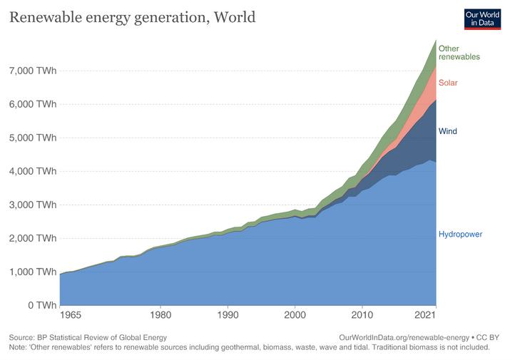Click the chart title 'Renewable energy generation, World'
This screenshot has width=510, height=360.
pyautogui.click(x=132, y=17)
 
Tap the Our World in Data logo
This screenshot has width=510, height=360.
pyautogui.click(x=481, y=18)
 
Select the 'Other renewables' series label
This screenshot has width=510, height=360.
pyautogui.click(x=459, y=52)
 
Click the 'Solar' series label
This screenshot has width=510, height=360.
pyautogui.click(x=448, y=83)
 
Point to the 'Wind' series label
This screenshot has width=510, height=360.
pyautogui.click(x=447, y=132)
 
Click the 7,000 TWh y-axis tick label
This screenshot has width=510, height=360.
pyautogui.click(x=33, y=71)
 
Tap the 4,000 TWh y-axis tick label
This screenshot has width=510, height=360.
pyautogui.click(x=33, y=171)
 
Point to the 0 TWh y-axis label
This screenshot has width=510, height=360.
pyautogui.click(x=41, y=305)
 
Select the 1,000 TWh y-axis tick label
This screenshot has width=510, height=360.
pyautogui.click(x=33, y=272)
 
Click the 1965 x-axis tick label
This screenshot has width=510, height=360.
pyautogui.click(x=70, y=315)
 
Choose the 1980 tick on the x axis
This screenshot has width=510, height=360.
pyautogui.click(x=161, y=315)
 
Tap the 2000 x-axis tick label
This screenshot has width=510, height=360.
pyautogui.click(x=295, y=315)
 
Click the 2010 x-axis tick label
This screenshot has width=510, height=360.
pyautogui.click(x=362, y=315)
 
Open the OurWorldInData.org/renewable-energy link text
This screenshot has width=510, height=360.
pyautogui.click(x=404, y=337)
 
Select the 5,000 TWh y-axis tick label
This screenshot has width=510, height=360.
pyautogui.click(x=33, y=138)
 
